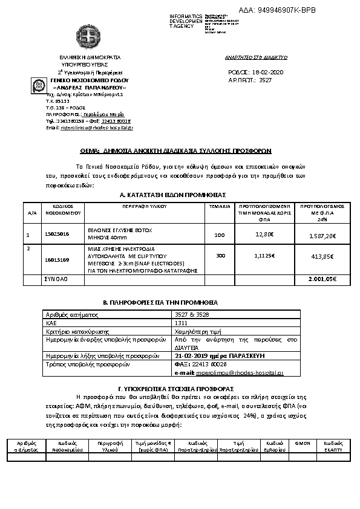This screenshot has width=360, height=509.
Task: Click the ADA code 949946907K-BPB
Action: click(286, 10)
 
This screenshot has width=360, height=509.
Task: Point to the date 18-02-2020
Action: click(269, 73)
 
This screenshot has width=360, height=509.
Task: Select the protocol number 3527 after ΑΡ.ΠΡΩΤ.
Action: click(265, 80)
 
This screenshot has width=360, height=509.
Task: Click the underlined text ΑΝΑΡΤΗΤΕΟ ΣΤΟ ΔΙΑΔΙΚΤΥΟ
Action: click(255, 57)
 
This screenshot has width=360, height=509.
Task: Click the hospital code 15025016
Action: click(57, 233)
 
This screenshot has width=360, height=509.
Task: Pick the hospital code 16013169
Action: click(57, 259)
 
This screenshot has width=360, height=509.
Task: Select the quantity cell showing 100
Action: click(219, 235)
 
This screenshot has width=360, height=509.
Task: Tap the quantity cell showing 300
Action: click(220, 256)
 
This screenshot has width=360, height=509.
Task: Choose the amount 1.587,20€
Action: click(322, 235)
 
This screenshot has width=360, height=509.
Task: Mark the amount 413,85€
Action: click(322, 257)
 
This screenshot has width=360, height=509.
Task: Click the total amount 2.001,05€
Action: click(322, 279)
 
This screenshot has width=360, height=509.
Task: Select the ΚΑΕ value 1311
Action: click(180, 323)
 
